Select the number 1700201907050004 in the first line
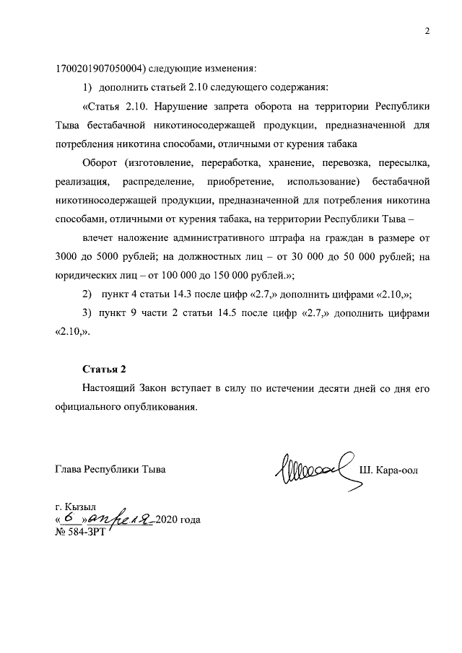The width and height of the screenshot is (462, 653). (x=99, y=69)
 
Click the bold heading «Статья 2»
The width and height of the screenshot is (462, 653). (x=104, y=369)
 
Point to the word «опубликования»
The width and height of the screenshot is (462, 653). (x=157, y=408)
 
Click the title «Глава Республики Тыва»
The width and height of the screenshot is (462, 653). (x=110, y=470)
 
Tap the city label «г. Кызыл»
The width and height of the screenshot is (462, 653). (x=75, y=508)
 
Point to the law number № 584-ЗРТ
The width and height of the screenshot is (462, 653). (x=81, y=532)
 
